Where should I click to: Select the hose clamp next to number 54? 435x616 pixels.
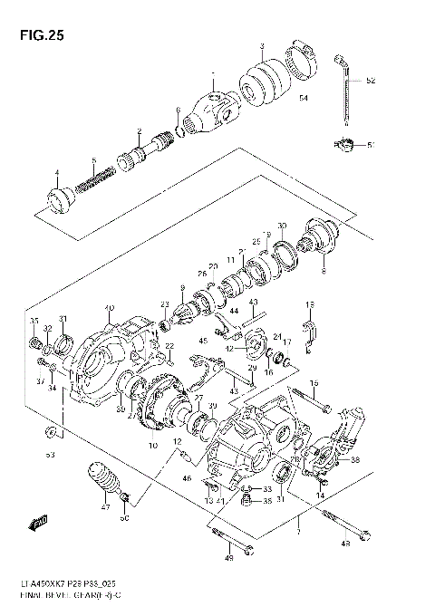coord(302,61)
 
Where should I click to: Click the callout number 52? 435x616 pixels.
coord(370,82)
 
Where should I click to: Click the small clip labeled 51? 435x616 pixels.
coord(343,143)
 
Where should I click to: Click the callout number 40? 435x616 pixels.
coord(109,308)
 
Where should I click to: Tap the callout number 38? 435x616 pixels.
coord(354,460)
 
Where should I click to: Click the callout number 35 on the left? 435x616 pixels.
coord(34,320)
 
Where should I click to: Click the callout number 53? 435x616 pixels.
coord(50,454)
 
